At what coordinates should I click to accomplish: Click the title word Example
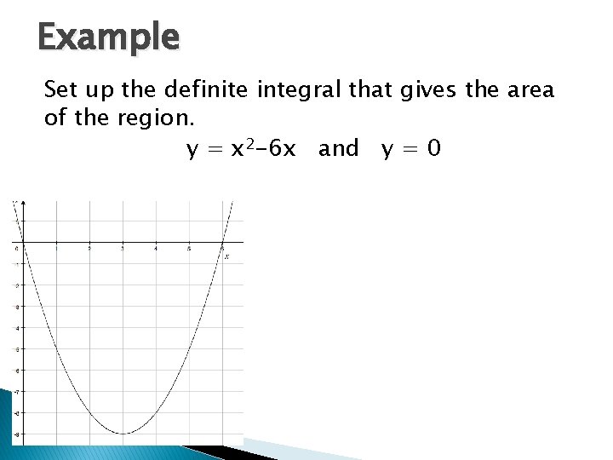pyautogui.click(x=108, y=37)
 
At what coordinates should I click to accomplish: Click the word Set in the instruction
pyautogui.click(x=60, y=89)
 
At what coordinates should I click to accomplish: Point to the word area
pyautogui.click(x=527, y=89)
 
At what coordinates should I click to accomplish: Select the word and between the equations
pyautogui.click(x=339, y=149)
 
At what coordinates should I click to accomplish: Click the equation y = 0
pyautogui.click(x=411, y=149)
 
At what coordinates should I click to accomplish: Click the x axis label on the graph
pyautogui.click(x=227, y=256)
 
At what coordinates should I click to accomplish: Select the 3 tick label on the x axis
pyautogui.click(x=123, y=249)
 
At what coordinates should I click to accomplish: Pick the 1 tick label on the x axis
pyautogui.click(x=56, y=249)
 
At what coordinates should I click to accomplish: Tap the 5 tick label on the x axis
pyautogui.click(x=189, y=249)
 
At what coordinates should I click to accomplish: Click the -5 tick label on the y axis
pyautogui.click(x=16, y=348)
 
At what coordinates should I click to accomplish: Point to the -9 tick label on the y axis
pyautogui.click(x=16, y=434)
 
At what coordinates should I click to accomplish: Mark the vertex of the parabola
pyautogui.click(x=123, y=434)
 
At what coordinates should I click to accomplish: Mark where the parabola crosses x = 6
pyautogui.click(x=222, y=243)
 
